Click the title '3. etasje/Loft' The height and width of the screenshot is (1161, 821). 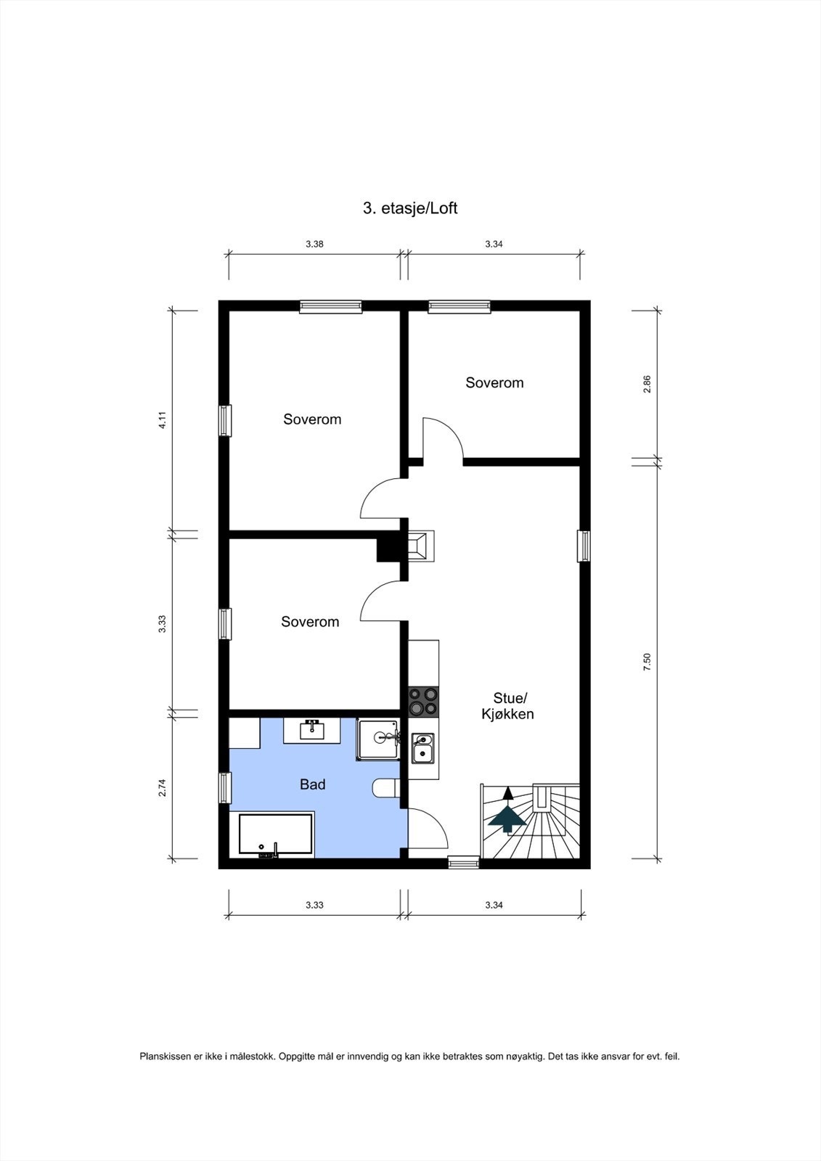pos(410,208)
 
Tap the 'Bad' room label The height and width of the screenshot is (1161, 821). pos(313,784)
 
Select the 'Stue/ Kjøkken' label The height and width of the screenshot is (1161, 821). pos(508,706)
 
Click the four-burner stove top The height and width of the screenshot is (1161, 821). pos(423,700)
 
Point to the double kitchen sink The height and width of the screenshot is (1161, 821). pos(422,748)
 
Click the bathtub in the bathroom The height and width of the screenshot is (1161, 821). pos(277,834)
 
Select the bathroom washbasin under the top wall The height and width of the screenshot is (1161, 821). pos(313,729)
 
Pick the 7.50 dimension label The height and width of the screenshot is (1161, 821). pos(648,662)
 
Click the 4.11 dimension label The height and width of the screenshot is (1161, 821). pos(163,420)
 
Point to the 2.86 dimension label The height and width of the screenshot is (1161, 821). pos(648,384)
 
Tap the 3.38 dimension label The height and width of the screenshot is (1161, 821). pos(314,245)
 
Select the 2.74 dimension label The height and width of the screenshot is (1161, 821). pos(163,787)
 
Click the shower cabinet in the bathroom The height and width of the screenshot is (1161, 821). pos(378,739)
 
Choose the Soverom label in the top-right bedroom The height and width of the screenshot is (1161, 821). pos(494,382)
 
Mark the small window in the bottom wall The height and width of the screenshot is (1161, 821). pos(463,863)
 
